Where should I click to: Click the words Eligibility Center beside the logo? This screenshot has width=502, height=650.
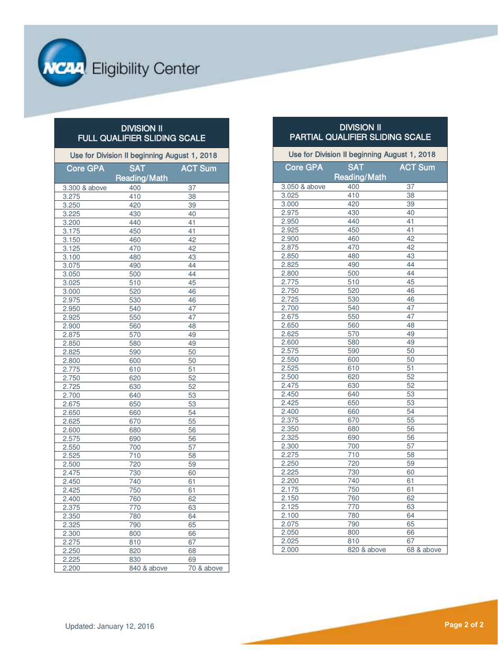(146, 69)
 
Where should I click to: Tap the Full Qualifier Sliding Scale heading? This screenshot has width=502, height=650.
(142, 133)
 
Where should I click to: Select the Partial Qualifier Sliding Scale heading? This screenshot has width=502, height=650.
(360, 132)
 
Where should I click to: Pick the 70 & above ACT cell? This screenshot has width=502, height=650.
(206, 569)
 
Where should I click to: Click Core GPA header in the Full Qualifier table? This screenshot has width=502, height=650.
(85, 169)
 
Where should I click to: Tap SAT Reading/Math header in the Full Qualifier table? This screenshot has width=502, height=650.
(142, 173)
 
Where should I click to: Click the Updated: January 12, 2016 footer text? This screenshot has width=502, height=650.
(110, 626)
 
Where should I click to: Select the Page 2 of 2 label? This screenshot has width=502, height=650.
(463, 625)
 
